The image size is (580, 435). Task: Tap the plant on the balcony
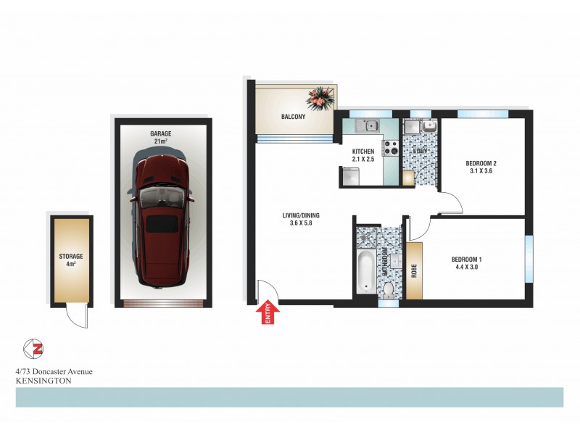pyautogui.click(x=320, y=96)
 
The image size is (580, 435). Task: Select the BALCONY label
pyautogui.click(x=294, y=117)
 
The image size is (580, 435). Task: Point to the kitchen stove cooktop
pyautogui.click(x=391, y=147)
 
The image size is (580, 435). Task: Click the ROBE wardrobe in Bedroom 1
pyautogui.click(x=414, y=270)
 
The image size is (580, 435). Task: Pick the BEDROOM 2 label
pyautogui.click(x=481, y=163)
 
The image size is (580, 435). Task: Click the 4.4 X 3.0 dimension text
pyautogui.click(x=465, y=268)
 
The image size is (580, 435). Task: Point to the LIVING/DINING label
pyautogui.click(x=301, y=215)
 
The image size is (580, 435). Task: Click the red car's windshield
pyautogui.click(x=161, y=196)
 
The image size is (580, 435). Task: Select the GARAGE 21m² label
pyautogui.click(x=160, y=137)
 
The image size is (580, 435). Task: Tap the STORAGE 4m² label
pyautogui.click(x=71, y=260)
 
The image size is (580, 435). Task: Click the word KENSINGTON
pyautogui.click(x=43, y=379)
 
